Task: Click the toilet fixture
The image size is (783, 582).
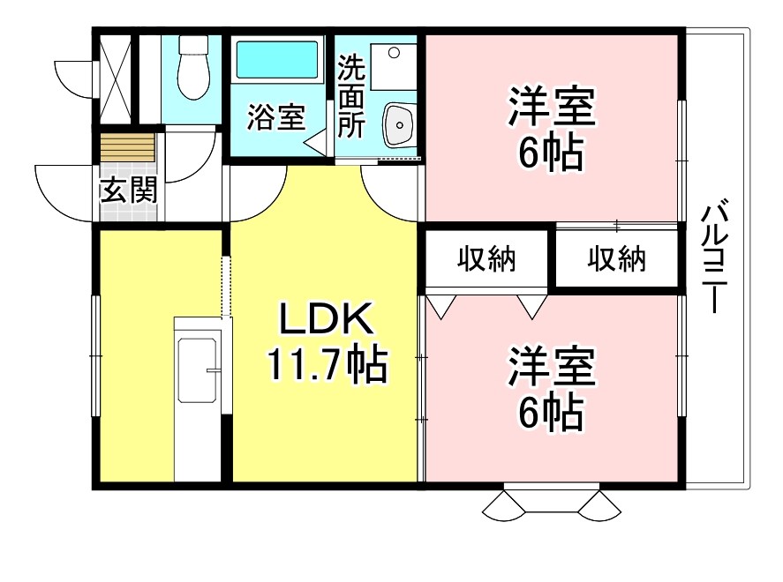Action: click(x=192, y=67)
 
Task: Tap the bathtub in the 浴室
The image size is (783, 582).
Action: click(x=276, y=60)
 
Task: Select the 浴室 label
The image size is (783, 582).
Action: click(x=276, y=117)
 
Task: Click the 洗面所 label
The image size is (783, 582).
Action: click(x=351, y=96)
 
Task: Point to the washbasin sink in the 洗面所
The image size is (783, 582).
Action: click(x=400, y=125)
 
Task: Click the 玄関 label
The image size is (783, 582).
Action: click(x=129, y=190)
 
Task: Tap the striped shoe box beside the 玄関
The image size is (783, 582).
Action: click(x=128, y=147)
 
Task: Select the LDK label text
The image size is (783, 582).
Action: click(x=326, y=319)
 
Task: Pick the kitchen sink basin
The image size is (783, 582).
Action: click(x=198, y=370)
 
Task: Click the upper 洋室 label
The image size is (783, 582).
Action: click(x=552, y=107)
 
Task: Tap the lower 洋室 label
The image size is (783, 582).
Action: click(x=552, y=366)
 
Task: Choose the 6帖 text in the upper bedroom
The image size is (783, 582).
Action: click(x=552, y=153)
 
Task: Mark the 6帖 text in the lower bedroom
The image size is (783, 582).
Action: click(x=552, y=413)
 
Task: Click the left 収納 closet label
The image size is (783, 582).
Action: click(x=486, y=259)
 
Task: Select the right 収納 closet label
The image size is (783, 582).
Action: click(x=617, y=259)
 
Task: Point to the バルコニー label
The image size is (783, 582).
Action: click(x=715, y=256)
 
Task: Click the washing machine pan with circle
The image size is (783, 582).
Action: click(x=394, y=67)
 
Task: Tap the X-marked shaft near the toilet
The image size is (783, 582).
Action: click(x=116, y=78)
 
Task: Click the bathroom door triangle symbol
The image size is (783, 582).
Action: click(x=316, y=143)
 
